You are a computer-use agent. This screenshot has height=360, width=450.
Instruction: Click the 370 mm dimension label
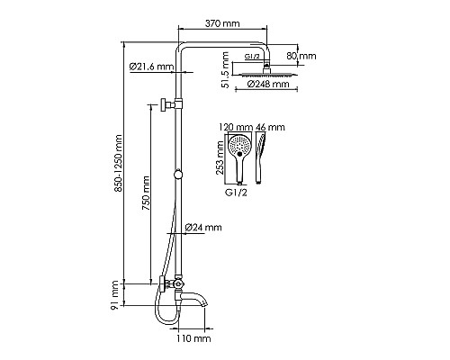222,23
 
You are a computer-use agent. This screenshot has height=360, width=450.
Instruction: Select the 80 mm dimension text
301,56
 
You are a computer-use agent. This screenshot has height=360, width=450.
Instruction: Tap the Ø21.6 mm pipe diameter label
151,67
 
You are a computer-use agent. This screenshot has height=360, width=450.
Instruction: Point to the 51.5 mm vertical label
225,70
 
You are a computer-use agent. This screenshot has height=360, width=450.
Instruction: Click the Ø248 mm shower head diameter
268,84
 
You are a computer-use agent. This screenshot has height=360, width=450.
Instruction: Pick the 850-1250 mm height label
118,164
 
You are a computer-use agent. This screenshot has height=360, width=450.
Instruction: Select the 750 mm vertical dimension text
146,195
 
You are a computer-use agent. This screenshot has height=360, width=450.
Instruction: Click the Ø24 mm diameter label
203,227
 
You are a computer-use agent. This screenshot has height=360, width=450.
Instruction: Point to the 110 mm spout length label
193,338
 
